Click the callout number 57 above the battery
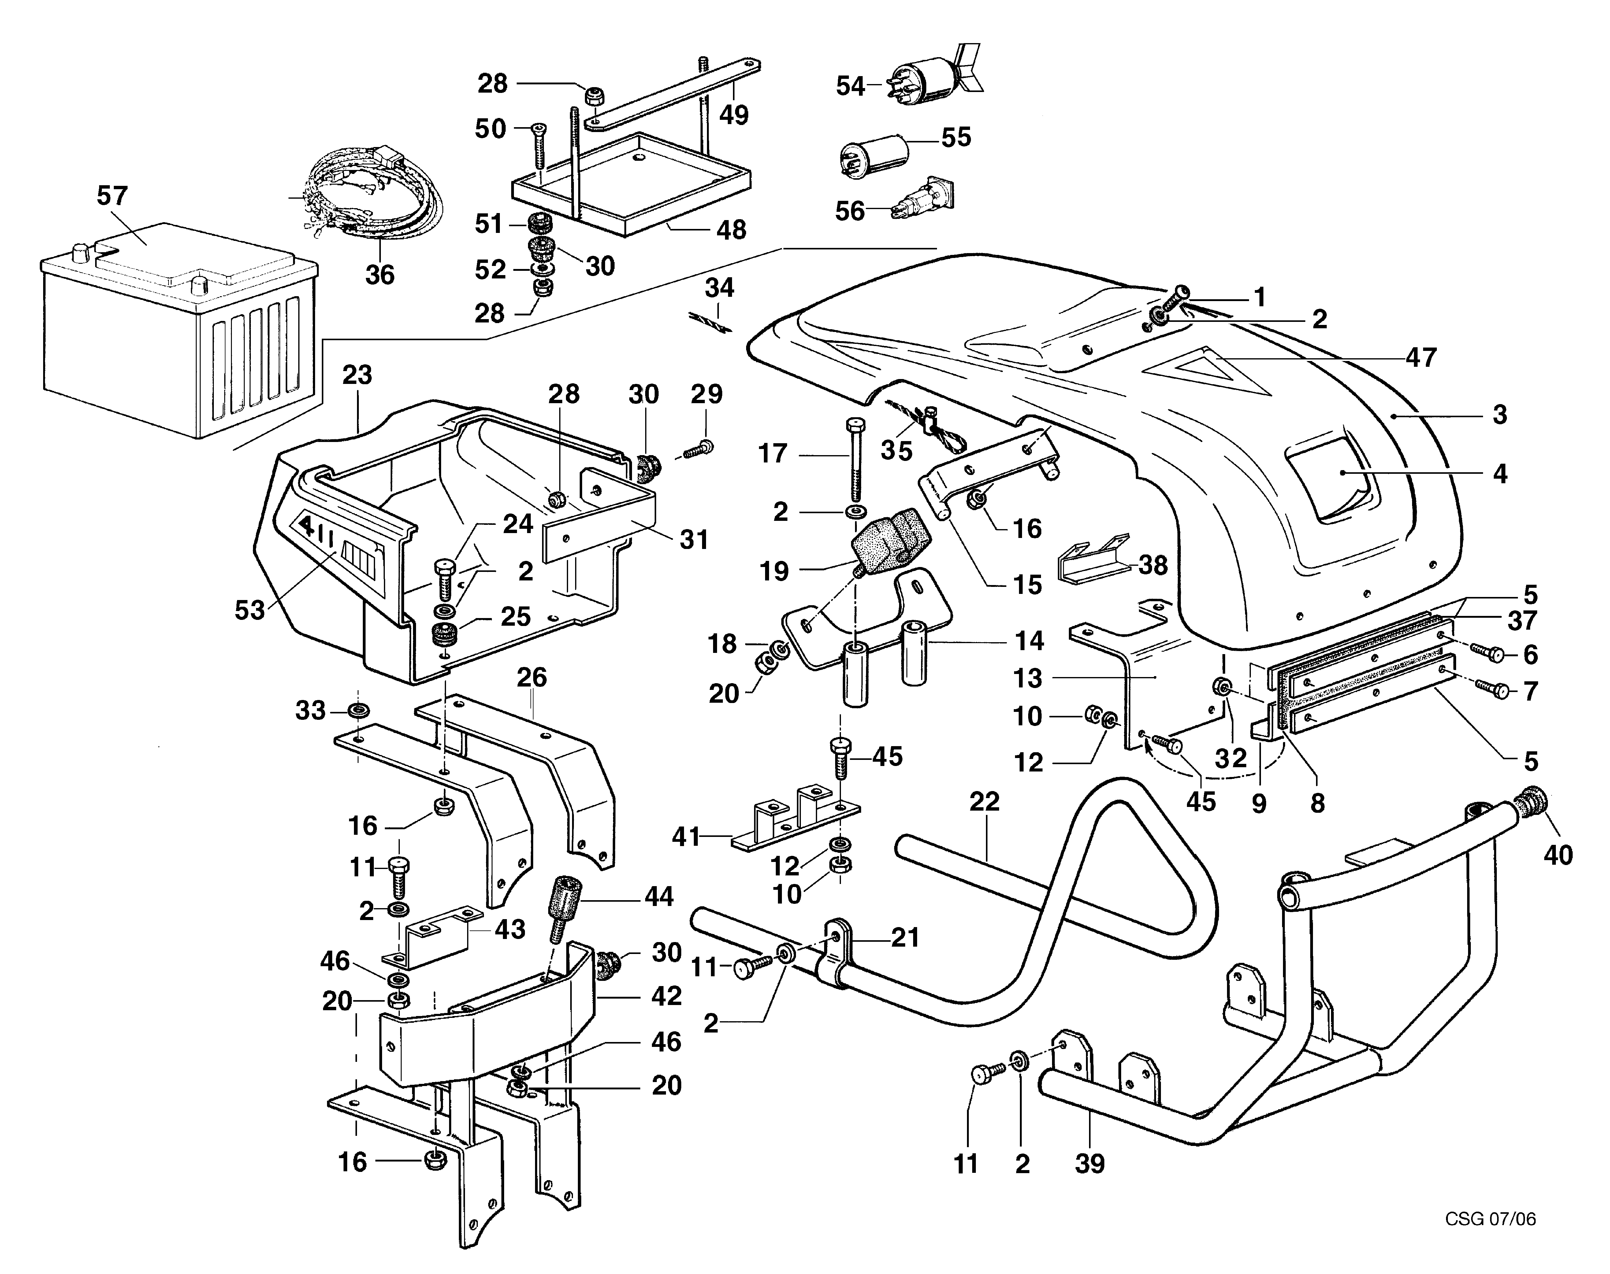point(113,196)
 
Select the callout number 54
point(850,87)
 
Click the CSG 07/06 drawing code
point(1490,1219)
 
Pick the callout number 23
point(358,374)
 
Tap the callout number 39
point(1090,1164)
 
